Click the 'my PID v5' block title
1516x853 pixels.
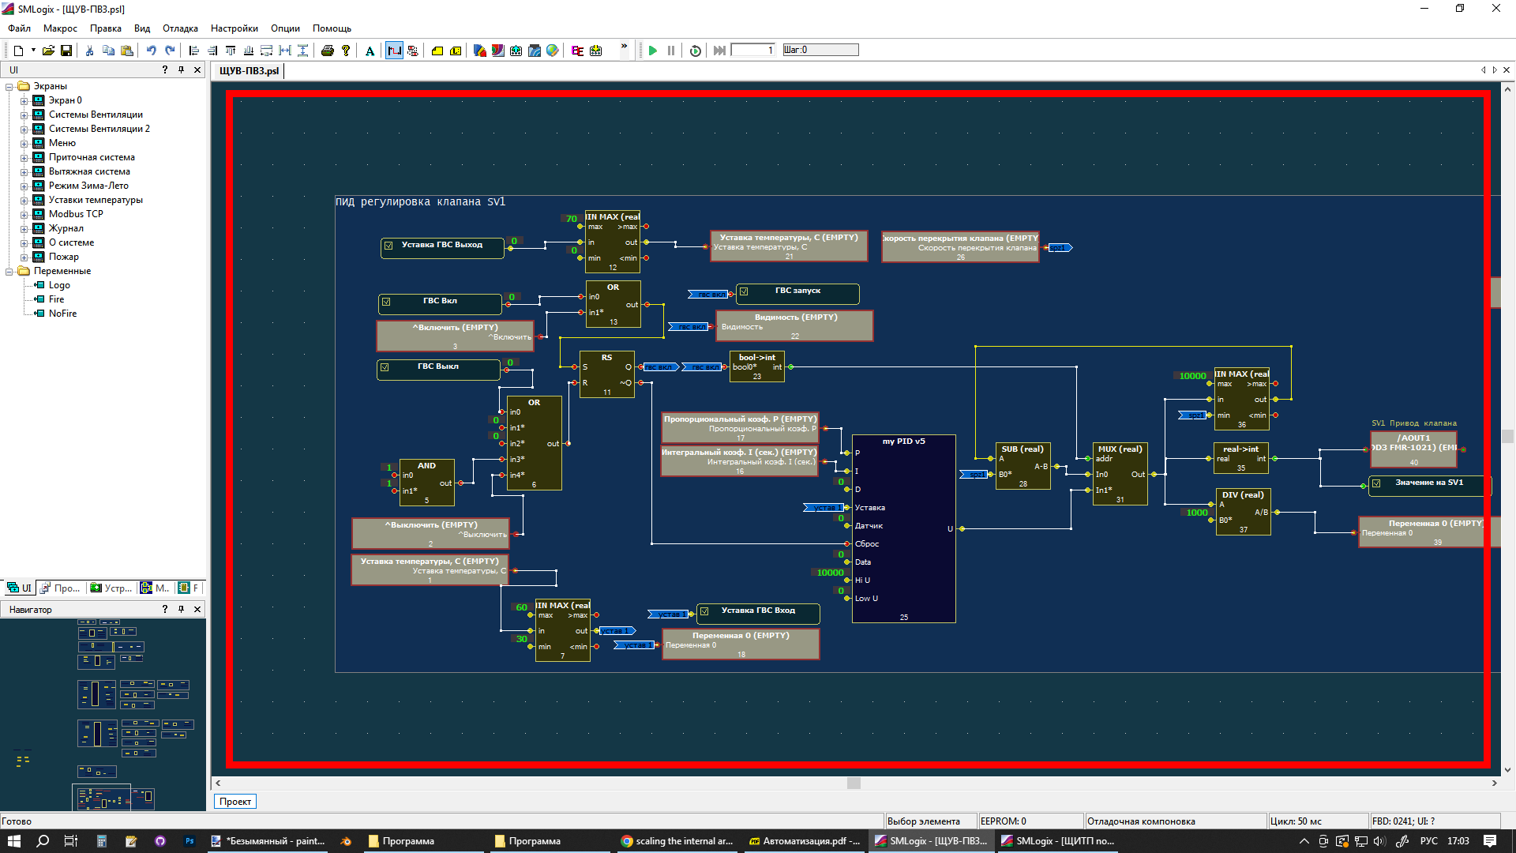tap(903, 442)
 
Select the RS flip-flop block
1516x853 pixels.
tap(606, 374)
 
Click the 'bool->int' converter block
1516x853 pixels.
tap(756, 366)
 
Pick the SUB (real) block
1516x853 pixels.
tap(1023, 466)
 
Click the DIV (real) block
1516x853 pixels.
tap(1243, 512)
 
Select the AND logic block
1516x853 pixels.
tap(426, 482)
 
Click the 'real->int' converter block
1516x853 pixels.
tap(1240, 458)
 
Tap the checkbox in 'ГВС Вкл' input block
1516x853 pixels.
tap(386, 302)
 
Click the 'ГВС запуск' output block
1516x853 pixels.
tap(797, 291)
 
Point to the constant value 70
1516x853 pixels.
tap(571, 219)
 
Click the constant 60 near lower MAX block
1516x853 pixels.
tap(521, 607)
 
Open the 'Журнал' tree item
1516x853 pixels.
tap(66, 228)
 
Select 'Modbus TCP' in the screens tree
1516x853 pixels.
tap(76, 214)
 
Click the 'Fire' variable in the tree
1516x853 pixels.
tap(56, 299)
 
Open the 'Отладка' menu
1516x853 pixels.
tap(180, 28)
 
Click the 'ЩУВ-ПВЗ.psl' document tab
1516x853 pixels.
tap(249, 71)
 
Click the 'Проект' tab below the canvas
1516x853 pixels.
tap(235, 802)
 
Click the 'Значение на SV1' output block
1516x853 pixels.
tap(1428, 483)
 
